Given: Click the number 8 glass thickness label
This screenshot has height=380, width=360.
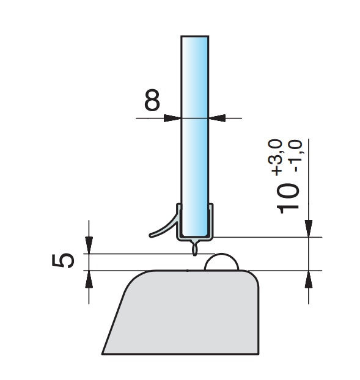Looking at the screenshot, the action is (x=152, y=100).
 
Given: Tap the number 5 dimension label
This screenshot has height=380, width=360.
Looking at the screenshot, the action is (x=63, y=260).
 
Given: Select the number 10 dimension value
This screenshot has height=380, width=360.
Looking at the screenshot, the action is (x=287, y=198).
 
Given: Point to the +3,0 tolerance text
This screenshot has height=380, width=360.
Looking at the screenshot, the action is (x=275, y=157).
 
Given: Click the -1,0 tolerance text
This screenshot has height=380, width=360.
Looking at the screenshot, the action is (x=295, y=156).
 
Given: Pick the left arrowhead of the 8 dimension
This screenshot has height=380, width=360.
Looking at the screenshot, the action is (x=172, y=119).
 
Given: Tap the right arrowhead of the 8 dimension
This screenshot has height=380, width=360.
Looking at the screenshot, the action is (x=217, y=119).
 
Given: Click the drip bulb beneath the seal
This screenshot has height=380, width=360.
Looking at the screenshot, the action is (x=194, y=247).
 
